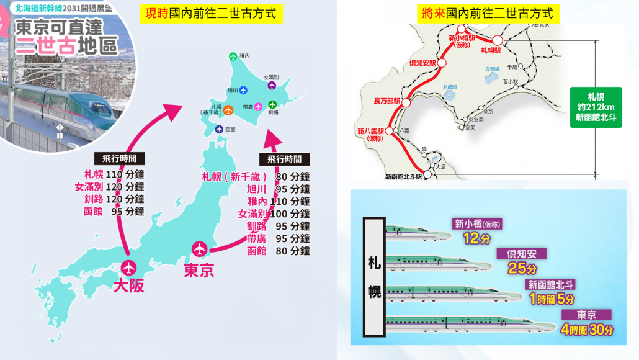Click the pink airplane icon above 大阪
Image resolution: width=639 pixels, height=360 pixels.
(129, 268)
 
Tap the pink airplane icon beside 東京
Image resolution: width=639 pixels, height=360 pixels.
(200, 249)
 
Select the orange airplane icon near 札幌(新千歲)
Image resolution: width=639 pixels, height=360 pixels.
(228, 110)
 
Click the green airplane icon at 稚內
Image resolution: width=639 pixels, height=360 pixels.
(233, 56)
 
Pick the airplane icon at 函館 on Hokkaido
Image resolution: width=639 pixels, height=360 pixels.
(219, 129)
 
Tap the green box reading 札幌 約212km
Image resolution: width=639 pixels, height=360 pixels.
(596, 106)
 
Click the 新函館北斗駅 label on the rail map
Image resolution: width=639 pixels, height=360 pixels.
(403, 176)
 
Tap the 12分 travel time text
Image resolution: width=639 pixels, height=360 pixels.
(472, 238)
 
